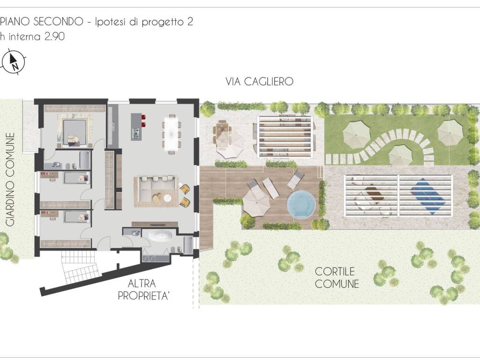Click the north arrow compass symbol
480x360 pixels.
(14, 62)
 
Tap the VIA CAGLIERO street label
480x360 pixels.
(259, 82)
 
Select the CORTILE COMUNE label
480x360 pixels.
(337, 277)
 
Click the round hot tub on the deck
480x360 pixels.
(300, 204)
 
